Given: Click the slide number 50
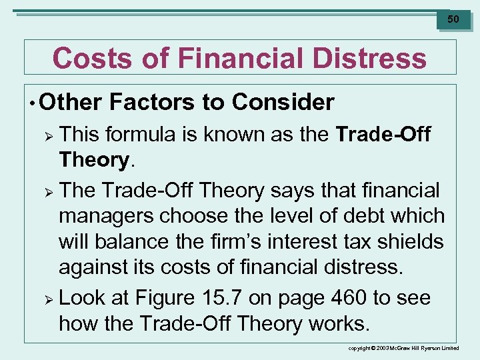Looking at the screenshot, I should [x=453, y=19].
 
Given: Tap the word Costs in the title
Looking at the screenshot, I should [x=84, y=58].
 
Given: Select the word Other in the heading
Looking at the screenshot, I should [x=71, y=103].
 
